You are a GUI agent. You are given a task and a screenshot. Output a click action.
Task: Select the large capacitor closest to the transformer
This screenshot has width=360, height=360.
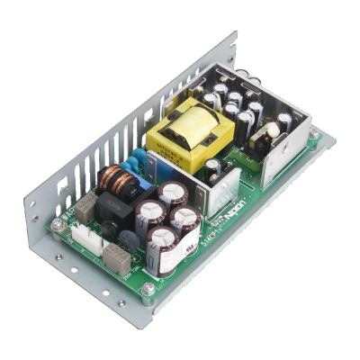tap(173, 193)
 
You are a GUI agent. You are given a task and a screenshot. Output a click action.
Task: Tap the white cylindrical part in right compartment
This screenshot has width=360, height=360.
tap(268, 132)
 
